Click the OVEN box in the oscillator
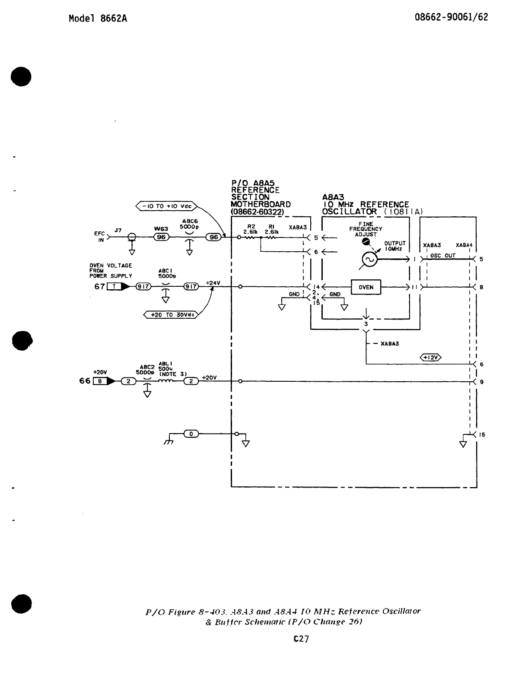pyautogui.click(x=366, y=288)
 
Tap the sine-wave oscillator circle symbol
pyautogui.click(x=370, y=259)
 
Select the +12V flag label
pyautogui.click(x=431, y=357)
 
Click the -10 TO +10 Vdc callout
pyautogui.click(x=167, y=206)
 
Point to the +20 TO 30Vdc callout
pyautogui.click(x=170, y=315)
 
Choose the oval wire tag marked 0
pyautogui.click(x=191, y=434)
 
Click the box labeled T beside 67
pyautogui.click(x=114, y=286)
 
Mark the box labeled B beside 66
pyautogui.click(x=100, y=381)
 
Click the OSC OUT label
pyautogui.click(x=443, y=256)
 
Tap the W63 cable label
pyautogui.click(x=161, y=229)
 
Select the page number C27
pyautogui.click(x=301, y=639)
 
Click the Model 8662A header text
pyautogui.click(x=98, y=19)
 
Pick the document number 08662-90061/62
pyautogui.click(x=452, y=17)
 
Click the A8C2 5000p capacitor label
pyautogui.click(x=145, y=370)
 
